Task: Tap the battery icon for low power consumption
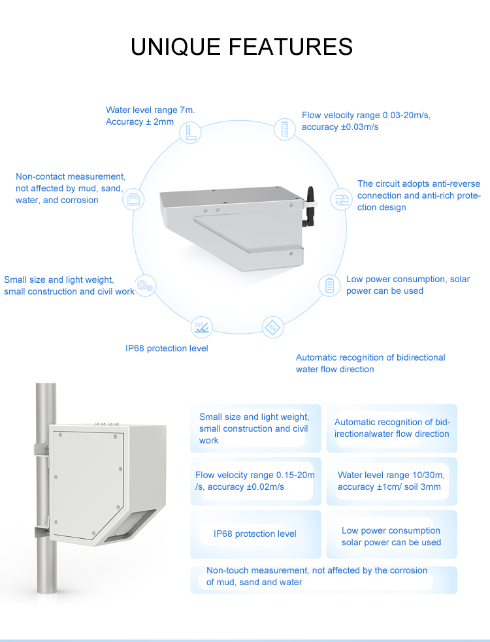[x=330, y=285]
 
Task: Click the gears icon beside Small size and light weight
[x=145, y=285]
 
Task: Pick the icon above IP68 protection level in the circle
[x=201, y=326]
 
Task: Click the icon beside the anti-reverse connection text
[x=340, y=199]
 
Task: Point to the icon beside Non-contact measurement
[x=133, y=199]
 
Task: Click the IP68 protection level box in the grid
[x=255, y=534]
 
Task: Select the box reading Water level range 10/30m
[x=391, y=481]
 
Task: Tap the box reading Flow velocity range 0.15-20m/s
[x=255, y=481]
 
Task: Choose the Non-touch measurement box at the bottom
[x=323, y=576]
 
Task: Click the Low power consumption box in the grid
[x=391, y=536]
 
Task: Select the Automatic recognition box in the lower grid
[x=391, y=428]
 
